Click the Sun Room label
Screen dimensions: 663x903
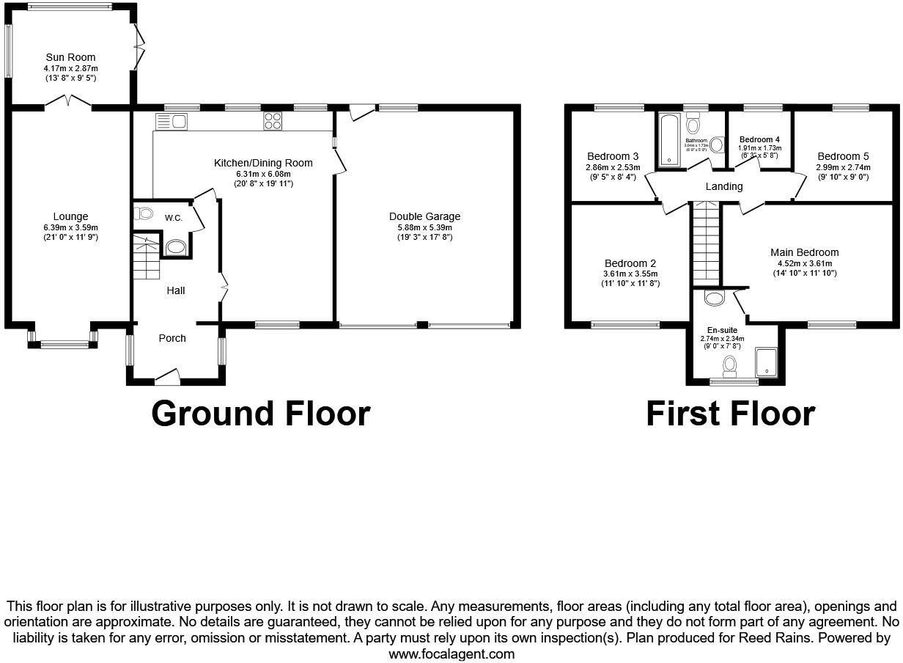70,57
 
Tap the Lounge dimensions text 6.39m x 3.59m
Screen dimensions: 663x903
70,227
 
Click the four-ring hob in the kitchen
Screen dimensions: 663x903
273,121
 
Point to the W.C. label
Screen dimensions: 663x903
174,218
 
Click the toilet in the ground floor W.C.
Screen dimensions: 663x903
144,214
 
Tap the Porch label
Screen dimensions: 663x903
172,338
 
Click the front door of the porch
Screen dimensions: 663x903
168,379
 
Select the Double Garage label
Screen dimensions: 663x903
424,216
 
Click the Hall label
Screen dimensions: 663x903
175,290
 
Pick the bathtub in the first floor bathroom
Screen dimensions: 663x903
669,140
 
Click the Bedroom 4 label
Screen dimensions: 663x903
759,139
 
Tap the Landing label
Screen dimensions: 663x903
723,186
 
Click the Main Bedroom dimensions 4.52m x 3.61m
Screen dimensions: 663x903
804,263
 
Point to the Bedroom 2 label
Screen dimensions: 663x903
630,263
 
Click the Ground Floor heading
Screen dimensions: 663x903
260,414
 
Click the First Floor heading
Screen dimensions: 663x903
730,414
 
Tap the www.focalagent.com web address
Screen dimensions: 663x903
451,653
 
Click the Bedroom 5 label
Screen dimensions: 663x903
843,156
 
